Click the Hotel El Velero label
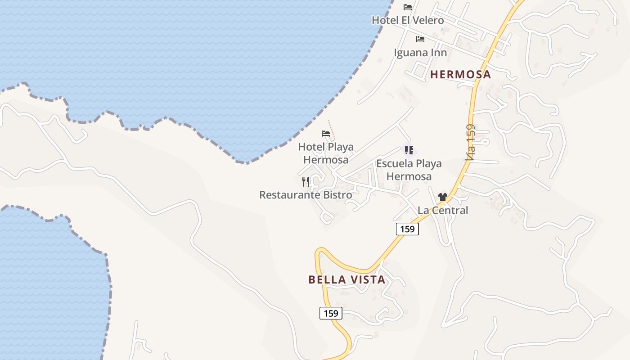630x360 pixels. coord(408,20)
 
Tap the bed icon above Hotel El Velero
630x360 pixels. coord(408,7)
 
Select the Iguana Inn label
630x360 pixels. coord(420,53)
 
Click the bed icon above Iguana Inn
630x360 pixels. coord(420,39)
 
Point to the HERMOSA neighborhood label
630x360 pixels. coord(460,75)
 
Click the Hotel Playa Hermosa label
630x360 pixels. coord(326,153)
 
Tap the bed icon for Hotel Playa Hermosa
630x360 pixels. coord(326,134)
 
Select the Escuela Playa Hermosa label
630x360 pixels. coord(409,170)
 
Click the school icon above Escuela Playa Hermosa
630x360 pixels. coord(409,150)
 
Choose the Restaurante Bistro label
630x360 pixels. coord(306,195)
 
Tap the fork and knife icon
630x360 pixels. coord(306,181)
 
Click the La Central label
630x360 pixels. coord(443,210)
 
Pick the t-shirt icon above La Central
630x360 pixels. coord(443,197)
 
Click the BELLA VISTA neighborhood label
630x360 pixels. coord(347,280)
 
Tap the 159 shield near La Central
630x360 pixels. coord(407,229)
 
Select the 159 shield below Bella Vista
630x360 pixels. coord(331,313)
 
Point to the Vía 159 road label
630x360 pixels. coord(470,142)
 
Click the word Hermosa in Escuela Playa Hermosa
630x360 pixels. coord(409,176)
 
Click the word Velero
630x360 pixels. coord(427,20)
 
